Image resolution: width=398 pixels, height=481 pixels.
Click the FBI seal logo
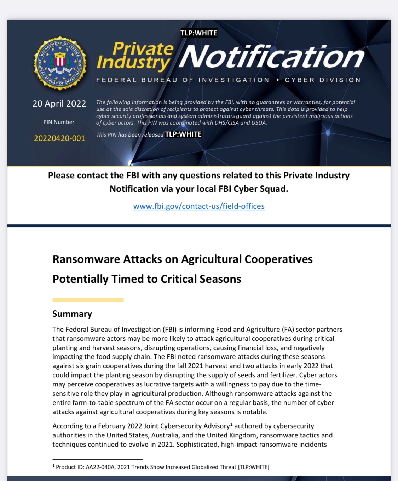tap(60, 63)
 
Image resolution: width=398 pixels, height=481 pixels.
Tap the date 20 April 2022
tap(59, 103)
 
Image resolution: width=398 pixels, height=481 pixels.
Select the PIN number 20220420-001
tap(59, 138)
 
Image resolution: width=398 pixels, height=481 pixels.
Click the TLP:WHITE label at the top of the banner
tap(199, 33)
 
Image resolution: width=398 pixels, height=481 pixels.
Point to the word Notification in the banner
tap(271, 57)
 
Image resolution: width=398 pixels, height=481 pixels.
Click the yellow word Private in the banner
tap(143, 48)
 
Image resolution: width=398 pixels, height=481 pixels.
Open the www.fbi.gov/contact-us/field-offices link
tap(199, 206)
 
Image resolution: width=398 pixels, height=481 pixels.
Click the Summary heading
tap(72, 314)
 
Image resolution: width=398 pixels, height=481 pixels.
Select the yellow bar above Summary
tap(88, 300)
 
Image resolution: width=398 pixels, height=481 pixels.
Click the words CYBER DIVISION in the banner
tap(323, 80)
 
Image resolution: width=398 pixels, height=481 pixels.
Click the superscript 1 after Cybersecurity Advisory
tap(231, 424)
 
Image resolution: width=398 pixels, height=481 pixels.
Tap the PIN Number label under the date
tap(59, 122)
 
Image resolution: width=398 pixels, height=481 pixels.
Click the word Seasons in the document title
tap(220, 279)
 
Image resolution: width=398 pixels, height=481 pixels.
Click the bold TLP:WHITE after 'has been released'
tap(183, 134)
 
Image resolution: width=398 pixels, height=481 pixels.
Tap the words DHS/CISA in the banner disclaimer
tap(226, 123)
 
